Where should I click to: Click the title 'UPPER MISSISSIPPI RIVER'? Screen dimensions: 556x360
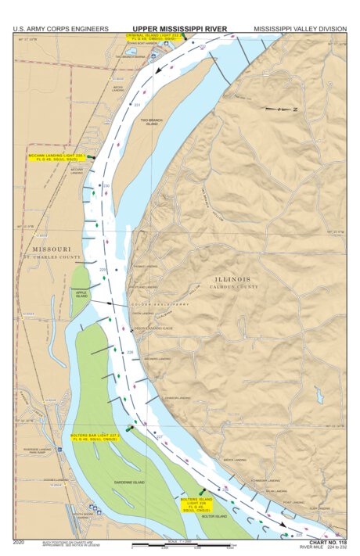coord(179,29)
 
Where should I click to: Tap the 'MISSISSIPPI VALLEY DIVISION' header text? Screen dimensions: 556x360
coord(300,29)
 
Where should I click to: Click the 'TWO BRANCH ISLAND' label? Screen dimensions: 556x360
coord(152,123)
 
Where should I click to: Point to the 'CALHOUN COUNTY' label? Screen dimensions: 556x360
coord(236,287)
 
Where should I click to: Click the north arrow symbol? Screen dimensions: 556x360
coord(280,109)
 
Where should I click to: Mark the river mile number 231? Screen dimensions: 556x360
coord(137,105)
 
